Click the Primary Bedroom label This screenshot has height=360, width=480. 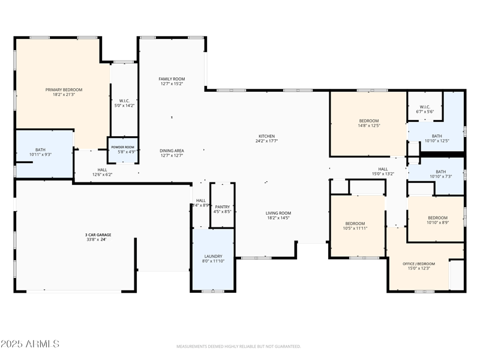click(x=64, y=89)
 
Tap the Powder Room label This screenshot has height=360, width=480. click(x=122, y=147)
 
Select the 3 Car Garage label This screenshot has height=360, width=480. click(x=98, y=235)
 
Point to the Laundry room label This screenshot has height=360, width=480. click(x=213, y=256)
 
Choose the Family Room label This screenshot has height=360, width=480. click(x=172, y=79)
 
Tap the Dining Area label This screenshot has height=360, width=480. click(x=172, y=151)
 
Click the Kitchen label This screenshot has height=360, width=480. click(x=266, y=136)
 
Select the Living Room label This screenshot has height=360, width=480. click(x=278, y=213)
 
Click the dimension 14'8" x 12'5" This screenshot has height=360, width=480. click(x=369, y=125)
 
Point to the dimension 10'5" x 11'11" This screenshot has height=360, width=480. click(x=355, y=229)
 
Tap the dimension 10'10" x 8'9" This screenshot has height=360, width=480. click(x=437, y=223)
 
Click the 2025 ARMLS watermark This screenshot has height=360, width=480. click(x=30, y=344)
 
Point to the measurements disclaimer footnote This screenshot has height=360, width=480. click(x=239, y=346)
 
